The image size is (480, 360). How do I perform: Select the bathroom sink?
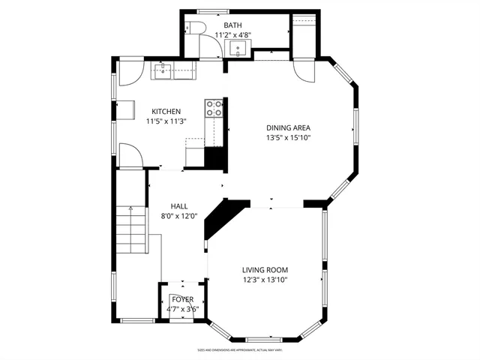238,50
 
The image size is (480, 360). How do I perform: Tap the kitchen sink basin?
163,72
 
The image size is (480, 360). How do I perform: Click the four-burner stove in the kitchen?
214,108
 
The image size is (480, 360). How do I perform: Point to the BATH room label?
232,25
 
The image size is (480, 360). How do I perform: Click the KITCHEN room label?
166,111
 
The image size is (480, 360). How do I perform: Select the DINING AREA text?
288,128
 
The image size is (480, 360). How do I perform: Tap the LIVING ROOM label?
265,270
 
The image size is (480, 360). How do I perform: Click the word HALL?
178,206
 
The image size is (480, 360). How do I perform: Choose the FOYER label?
181,299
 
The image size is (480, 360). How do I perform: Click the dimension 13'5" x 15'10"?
288,138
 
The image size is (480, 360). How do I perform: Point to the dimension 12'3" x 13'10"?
265,280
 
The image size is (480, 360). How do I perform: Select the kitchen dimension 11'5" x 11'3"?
166,121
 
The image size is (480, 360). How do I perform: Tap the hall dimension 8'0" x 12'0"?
178,216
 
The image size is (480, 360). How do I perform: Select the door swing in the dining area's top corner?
306,71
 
